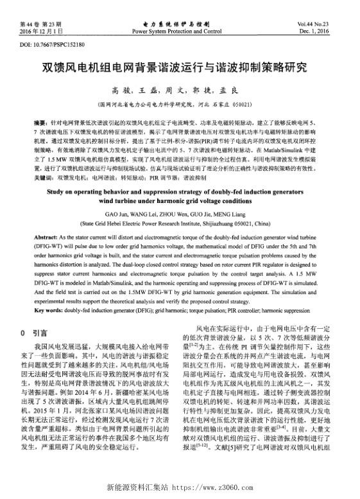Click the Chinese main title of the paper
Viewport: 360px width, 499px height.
point(180,67)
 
